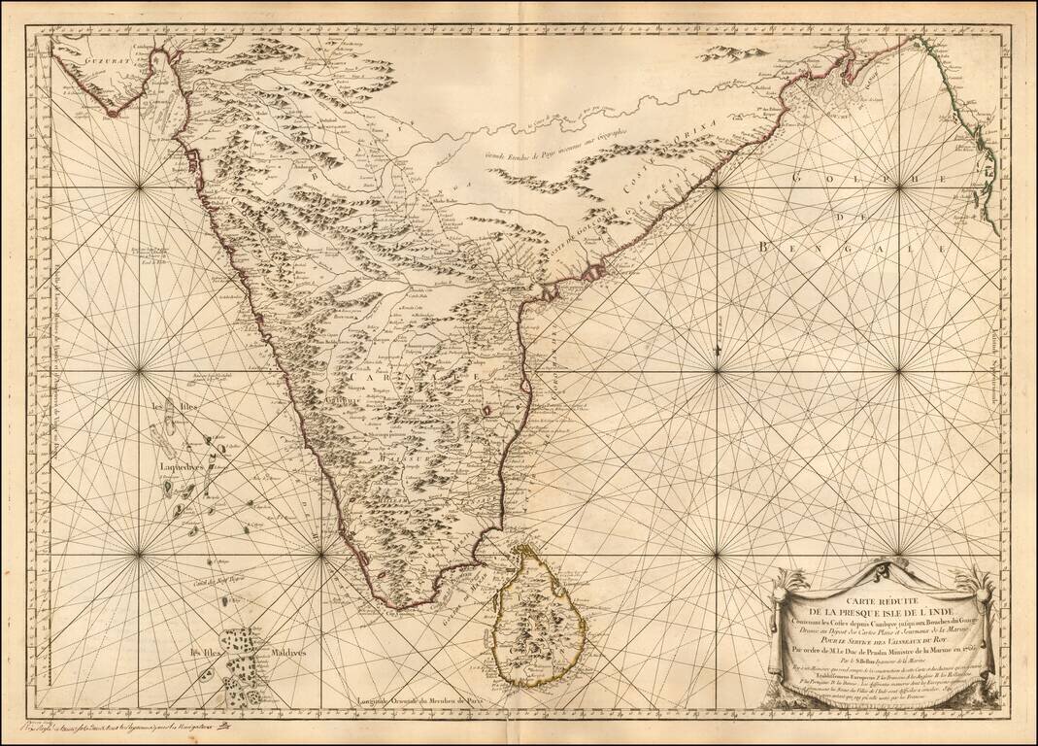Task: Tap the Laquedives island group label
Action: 184,464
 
